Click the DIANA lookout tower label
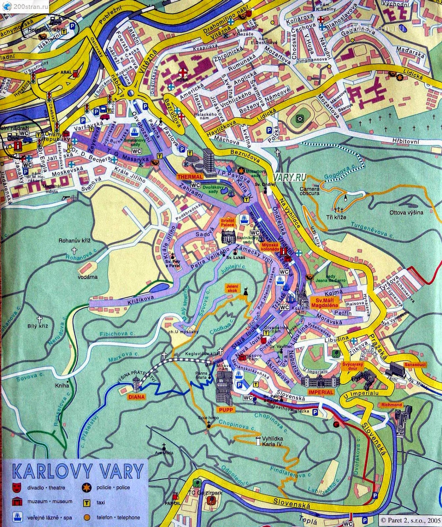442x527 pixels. pyautogui.click(x=137, y=397)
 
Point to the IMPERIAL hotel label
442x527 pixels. pyautogui.click(x=320, y=392)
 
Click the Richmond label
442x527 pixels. pyautogui.click(x=392, y=404)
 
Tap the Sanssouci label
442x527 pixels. pyautogui.click(x=415, y=365)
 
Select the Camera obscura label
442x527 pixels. pyautogui.click(x=309, y=191)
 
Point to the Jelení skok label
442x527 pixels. pyautogui.click(x=232, y=288)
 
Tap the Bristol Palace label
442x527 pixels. pyautogui.click(x=227, y=222)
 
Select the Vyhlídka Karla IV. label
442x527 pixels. pyautogui.click(x=272, y=441)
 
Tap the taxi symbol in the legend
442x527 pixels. pyautogui.click(x=87, y=502)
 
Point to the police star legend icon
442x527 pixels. pyautogui.click(x=87, y=487)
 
